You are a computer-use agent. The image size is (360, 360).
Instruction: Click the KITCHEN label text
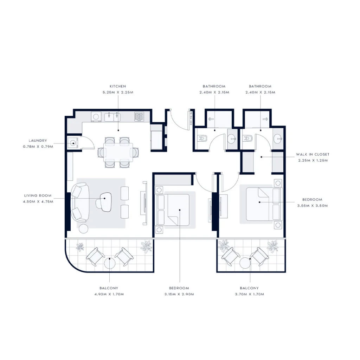(x=117, y=86)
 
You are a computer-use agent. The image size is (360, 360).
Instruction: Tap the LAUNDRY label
(x=38, y=141)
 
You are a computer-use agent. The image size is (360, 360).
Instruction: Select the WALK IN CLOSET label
(x=313, y=154)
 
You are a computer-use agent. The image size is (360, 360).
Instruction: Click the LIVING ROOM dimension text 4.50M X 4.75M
(x=38, y=201)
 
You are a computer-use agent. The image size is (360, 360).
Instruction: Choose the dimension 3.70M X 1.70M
(x=250, y=294)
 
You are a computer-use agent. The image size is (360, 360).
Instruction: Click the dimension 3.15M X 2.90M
(x=179, y=294)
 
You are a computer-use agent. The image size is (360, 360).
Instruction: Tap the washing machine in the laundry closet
(x=73, y=143)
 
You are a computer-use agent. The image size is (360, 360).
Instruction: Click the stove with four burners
(x=139, y=116)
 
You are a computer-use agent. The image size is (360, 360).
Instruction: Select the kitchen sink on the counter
(x=112, y=116)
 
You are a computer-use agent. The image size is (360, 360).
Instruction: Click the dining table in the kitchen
(x=118, y=152)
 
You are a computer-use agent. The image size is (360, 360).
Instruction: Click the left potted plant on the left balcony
(x=80, y=246)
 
